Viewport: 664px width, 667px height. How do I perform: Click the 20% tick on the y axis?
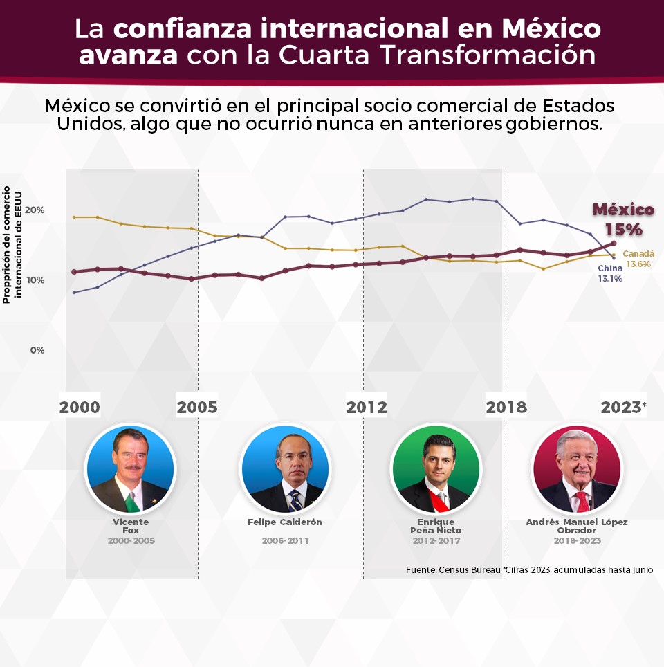pos(35,210)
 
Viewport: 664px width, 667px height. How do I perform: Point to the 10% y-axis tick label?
pos(35,280)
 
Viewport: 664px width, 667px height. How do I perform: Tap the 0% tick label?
pos(37,350)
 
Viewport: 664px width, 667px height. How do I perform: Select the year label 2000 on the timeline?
pos(80,408)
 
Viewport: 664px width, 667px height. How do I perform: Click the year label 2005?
pos(197,408)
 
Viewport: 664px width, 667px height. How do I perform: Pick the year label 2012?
pos(367,408)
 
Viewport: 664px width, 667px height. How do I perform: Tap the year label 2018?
pos(506,408)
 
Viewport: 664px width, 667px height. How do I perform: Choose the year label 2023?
pos(621,408)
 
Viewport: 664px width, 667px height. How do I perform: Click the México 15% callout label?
pos(622,219)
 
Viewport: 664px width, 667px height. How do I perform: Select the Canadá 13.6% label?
pos(638,259)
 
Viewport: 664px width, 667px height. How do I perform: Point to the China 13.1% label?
pos(610,273)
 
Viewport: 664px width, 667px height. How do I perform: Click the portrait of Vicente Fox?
pos(130,468)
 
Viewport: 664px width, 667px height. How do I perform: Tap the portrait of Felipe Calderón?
pos(285,468)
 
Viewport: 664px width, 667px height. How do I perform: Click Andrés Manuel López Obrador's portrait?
pos(577,468)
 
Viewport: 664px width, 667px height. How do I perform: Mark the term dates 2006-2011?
pos(285,540)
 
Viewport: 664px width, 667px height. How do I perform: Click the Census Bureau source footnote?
pos(529,570)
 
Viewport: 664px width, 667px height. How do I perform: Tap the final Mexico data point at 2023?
pos(614,243)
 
